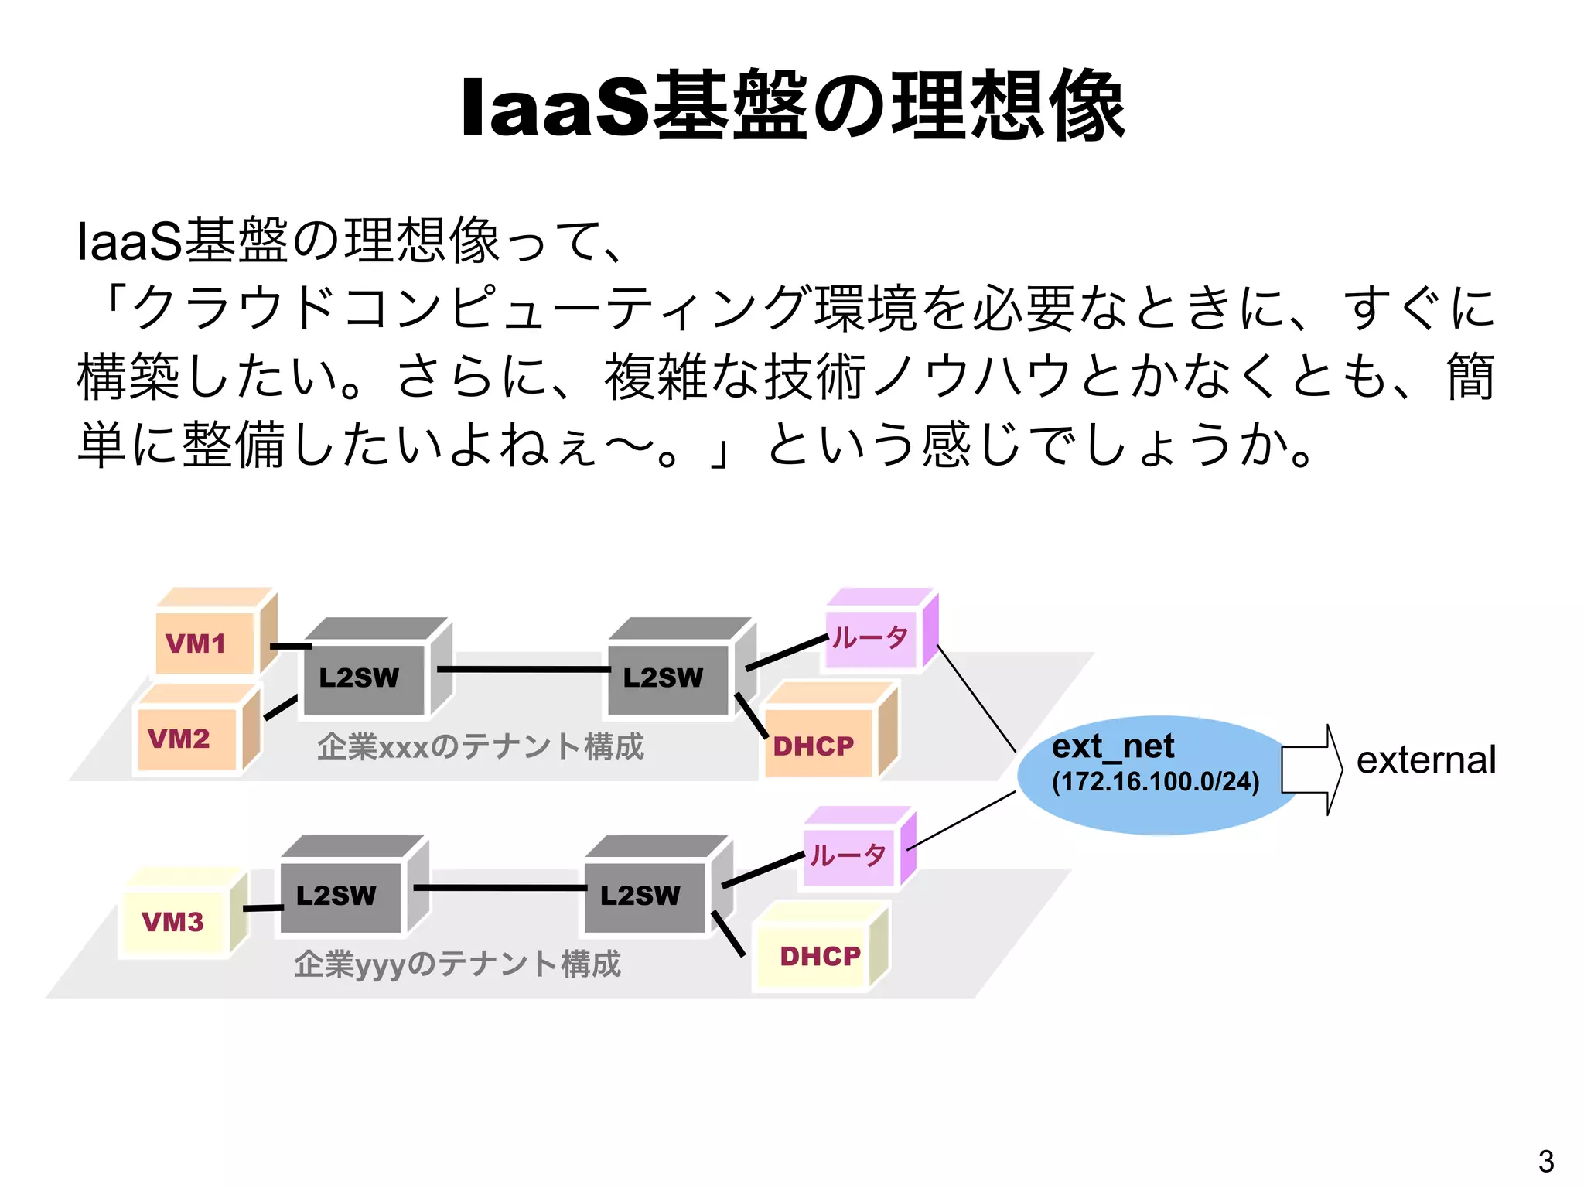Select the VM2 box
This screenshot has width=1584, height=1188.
[x=186, y=739]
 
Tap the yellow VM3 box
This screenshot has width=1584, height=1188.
[x=174, y=921]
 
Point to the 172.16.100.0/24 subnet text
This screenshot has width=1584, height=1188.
[x=1156, y=781]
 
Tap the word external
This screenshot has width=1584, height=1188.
[x=1425, y=760]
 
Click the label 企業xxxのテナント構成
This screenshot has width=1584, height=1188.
[x=480, y=746]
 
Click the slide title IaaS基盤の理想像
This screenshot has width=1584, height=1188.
[x=792, y=106]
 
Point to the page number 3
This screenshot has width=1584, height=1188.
[x=1545, y=1161]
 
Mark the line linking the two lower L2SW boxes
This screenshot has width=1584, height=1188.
[x=499, y=887]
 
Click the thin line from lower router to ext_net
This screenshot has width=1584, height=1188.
[x=963, y=821]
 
